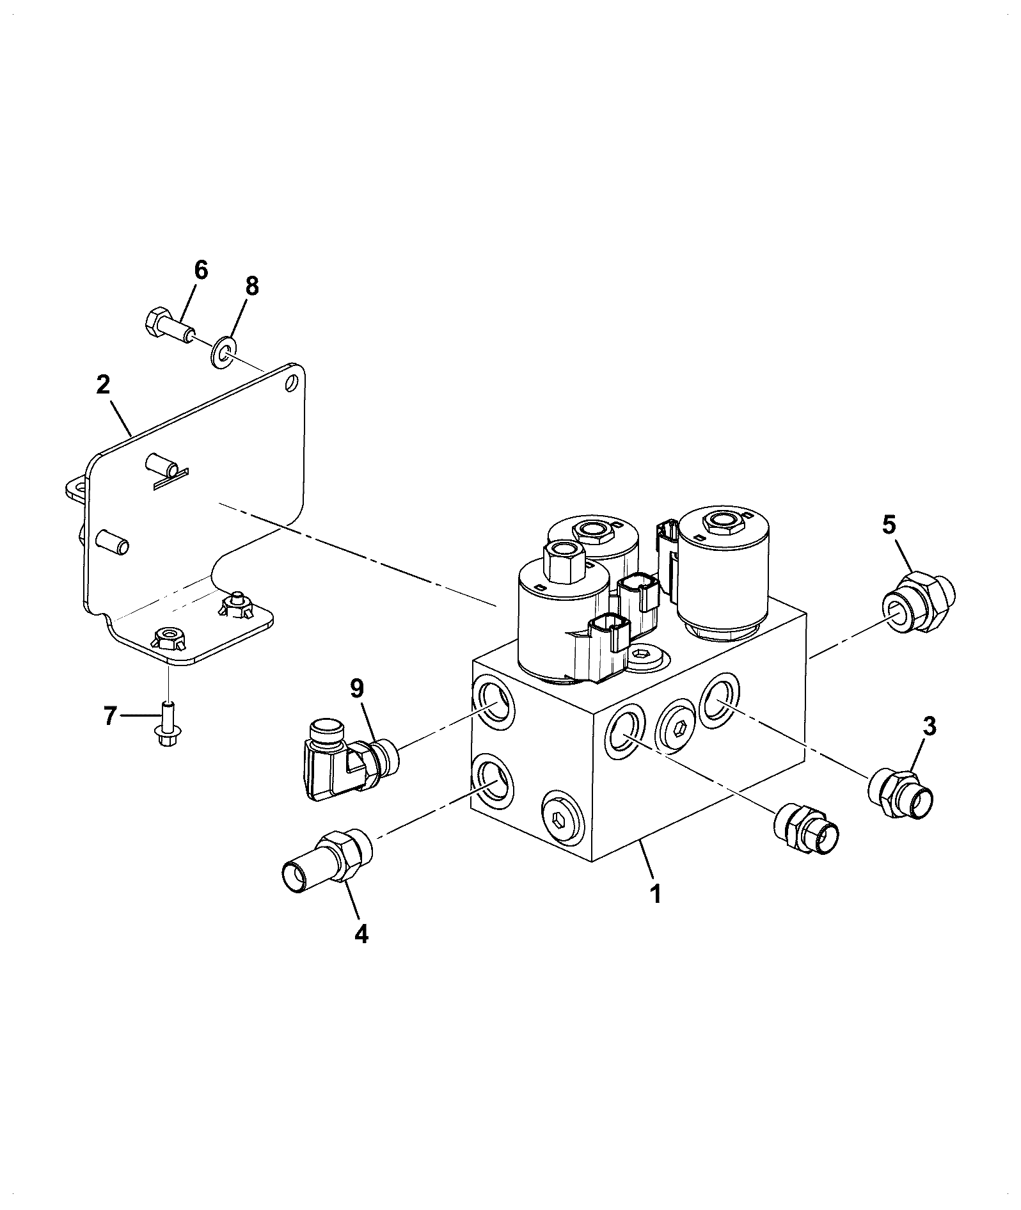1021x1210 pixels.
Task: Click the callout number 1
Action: pos(655,893)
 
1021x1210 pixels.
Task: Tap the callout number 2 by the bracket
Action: pos(102,385)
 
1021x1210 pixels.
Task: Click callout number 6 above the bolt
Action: pos(201,270)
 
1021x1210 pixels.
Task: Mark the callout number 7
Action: pos(109,716)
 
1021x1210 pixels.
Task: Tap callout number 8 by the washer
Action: pos(252,286)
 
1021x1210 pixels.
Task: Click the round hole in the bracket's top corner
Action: pos(292,383)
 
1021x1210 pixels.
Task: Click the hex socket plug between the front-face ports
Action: pos(681,729)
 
